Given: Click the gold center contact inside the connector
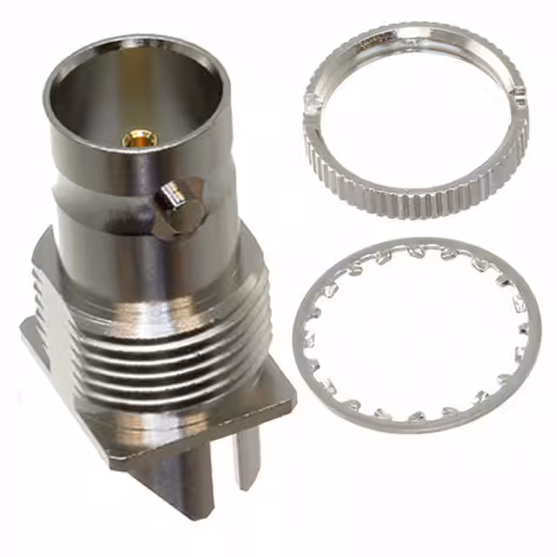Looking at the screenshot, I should pyautogui.click(x=139, y=138).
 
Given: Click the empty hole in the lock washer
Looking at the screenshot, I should pyautogui.click(x=416, y=335).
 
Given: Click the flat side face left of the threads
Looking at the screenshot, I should pyautogui.click(x=48, y=313).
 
